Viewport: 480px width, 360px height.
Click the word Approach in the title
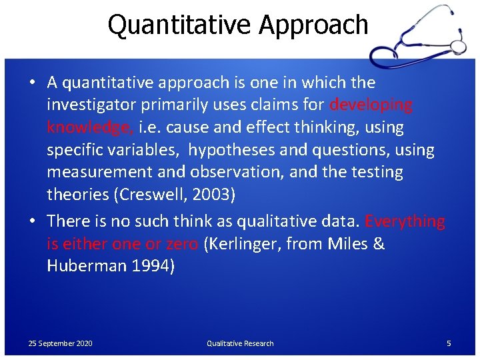pos(313,25)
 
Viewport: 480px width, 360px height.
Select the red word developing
pos(371,105)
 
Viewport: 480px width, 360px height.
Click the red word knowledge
pos(89,127)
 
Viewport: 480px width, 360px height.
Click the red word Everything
pos(405,221)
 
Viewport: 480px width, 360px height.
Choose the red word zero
pos(181,244)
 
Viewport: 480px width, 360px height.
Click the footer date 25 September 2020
pos(61,343)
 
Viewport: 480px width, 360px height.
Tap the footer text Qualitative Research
pos(240,343)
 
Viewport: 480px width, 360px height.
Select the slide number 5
pos(449,343)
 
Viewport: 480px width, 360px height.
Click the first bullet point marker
pos(32,83)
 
